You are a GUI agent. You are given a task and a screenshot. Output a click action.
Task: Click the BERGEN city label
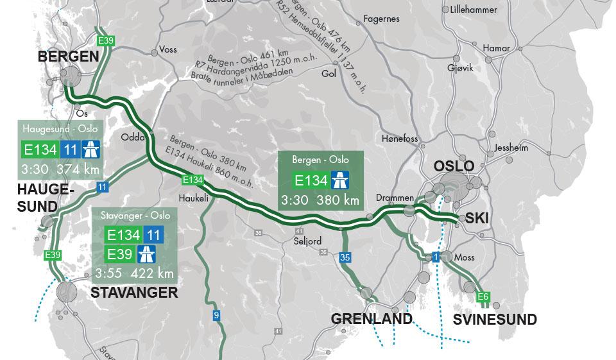pos(69,56)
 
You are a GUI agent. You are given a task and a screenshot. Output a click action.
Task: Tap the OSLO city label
pos(454,166)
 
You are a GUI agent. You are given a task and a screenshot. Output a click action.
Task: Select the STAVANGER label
pos(134,293)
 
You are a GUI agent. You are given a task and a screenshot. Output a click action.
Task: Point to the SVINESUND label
pos(495,320)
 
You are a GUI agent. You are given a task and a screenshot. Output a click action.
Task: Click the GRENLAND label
pos(372,319)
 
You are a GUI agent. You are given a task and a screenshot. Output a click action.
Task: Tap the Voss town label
pos(168,49)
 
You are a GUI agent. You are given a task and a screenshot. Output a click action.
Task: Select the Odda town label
pos(132,137)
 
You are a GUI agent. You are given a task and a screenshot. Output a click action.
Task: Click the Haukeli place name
pos(194,198)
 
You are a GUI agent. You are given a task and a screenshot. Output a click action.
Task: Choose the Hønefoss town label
pos(399,139)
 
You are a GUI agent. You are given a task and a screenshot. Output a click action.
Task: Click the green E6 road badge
pos(483,297)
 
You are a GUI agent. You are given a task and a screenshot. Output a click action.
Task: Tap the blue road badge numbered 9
pos(217,315)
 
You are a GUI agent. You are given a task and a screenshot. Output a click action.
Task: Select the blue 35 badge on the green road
pos(345,258)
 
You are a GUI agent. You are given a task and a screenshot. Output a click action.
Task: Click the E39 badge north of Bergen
pos(105,41)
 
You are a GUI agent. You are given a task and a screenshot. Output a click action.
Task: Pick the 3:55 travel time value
pos(108,273)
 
